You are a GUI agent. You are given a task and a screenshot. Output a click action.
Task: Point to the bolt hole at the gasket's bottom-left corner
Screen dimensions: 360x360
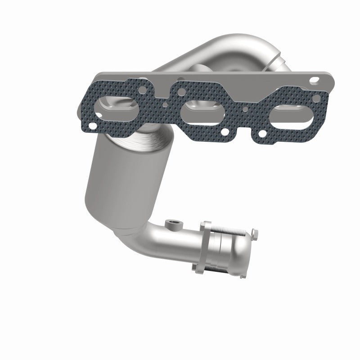click(x=93, y=126)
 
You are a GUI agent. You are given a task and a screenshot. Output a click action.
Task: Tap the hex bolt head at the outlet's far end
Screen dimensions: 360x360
click(x=256, y=234)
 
